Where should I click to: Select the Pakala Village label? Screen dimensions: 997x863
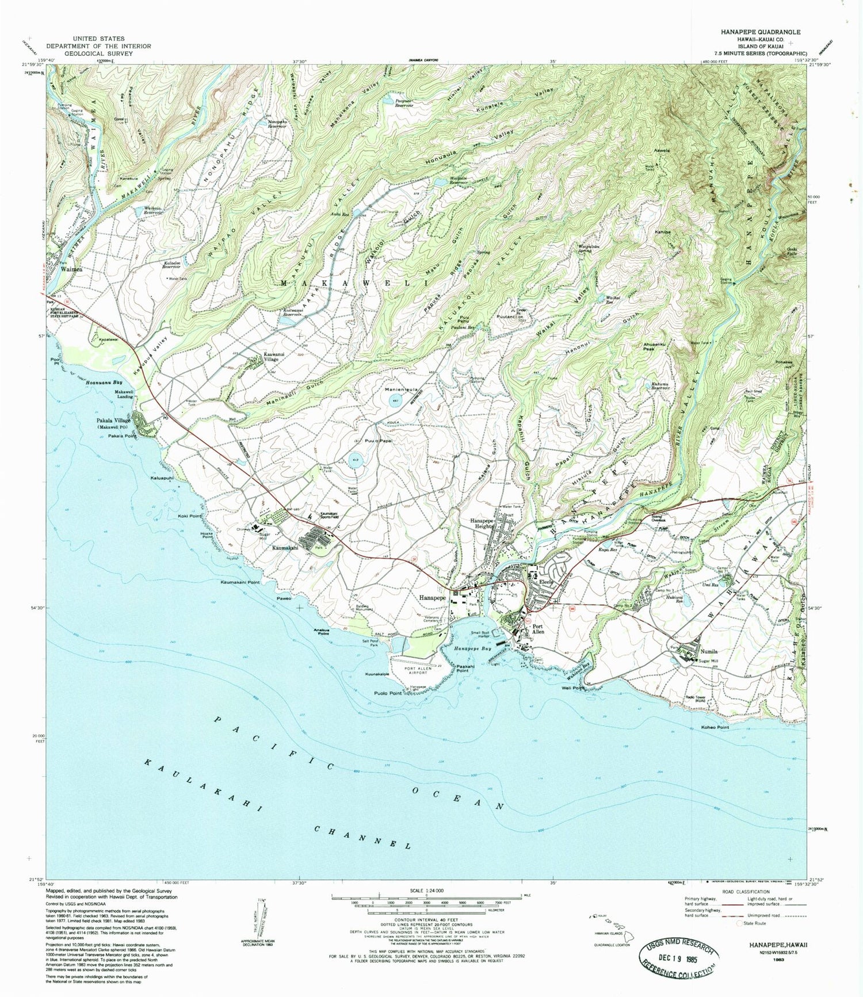tap(114, 421)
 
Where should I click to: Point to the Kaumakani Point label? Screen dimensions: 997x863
tap(240, 582)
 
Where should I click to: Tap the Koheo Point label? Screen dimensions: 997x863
tap(715, 727)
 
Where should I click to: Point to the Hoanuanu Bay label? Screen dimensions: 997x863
tap(104, 382)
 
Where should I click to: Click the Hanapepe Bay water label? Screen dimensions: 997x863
tap(468, 648)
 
